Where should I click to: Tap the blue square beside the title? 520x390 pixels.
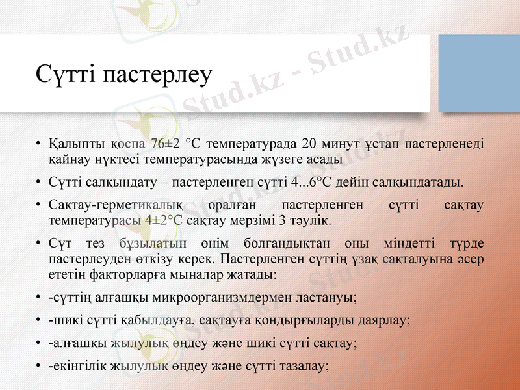(x=479, y=73)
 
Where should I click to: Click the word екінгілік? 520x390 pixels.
(x=78, y=366)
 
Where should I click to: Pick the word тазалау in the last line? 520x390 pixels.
(x=305, y=366)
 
